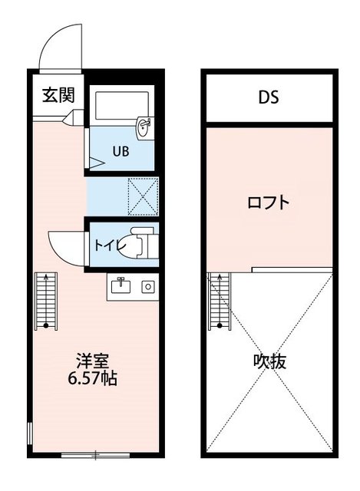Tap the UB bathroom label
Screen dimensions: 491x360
tap(121, 151)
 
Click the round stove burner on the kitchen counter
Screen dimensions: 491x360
tap(147, 287)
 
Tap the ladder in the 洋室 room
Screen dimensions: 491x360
tap(47, 300)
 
